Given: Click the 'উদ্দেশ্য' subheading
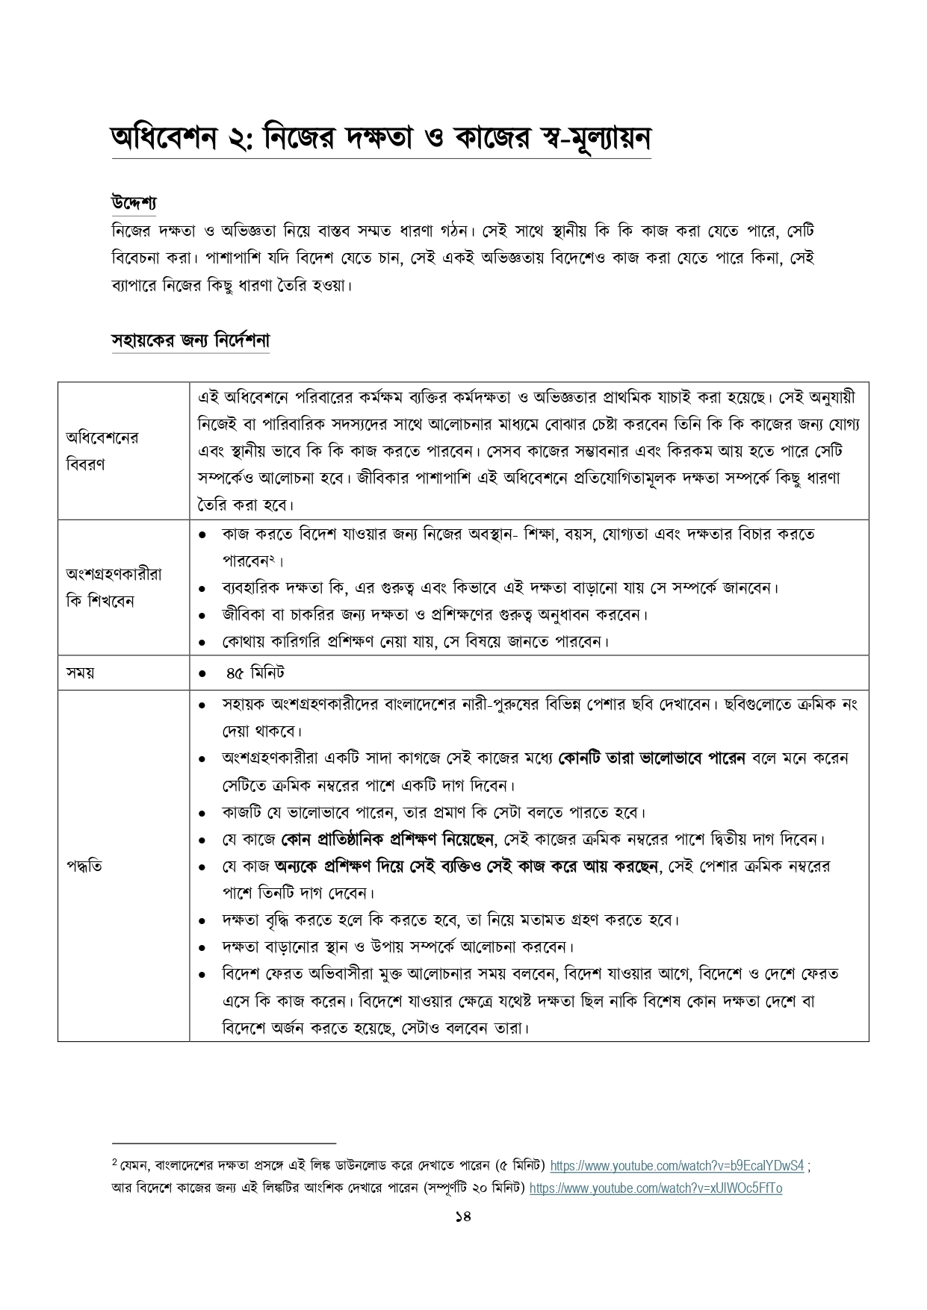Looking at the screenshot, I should [133, 202].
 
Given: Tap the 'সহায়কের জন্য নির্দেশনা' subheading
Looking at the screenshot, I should [190, 340].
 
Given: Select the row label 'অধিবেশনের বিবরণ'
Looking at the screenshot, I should [102, 450].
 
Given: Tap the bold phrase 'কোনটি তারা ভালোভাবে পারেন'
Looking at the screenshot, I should [652, 758].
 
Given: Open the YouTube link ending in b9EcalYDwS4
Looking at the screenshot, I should [677, 1165].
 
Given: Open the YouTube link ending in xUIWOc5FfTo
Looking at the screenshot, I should [655, 1188].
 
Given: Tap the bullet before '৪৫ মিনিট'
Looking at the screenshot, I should [202, 673].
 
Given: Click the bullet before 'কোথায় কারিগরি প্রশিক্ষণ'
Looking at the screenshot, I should [202, 642].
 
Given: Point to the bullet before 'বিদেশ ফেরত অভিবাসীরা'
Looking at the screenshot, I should [202, 975].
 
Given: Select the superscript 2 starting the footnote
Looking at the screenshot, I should [114, 1162].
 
